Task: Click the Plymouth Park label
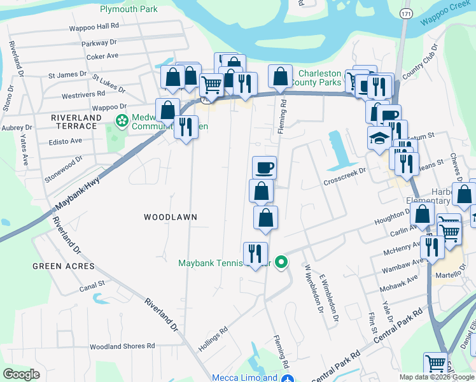pyautogui.click(x=129, y=9)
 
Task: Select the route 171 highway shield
pyautogui.click(x=406, y=13)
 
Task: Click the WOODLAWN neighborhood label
pyautogui.click(x=170, y=217)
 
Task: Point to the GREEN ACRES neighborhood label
pyautogui.click(x=63, y=266)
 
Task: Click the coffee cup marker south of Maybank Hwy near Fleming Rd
pyautogui.click(x=264, y=168)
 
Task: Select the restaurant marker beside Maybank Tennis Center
pyautogui.click(x=255, y=253)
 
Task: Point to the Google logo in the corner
pyautogui.click(x=21, y=374)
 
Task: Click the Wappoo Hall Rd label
pyautogui.click(x=94, y=27)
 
